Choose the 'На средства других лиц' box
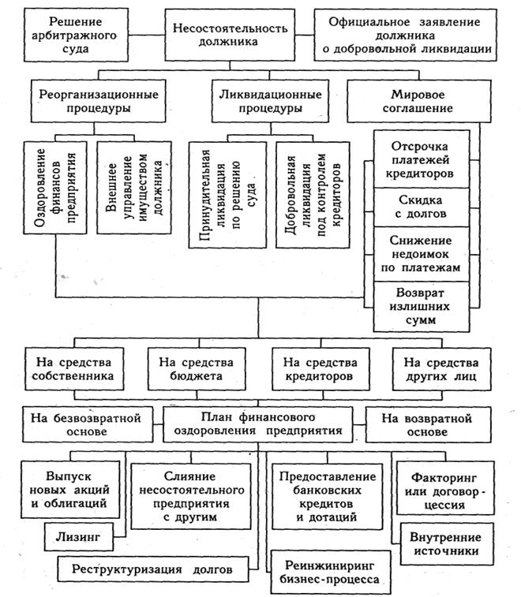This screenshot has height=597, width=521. (440, 369)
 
